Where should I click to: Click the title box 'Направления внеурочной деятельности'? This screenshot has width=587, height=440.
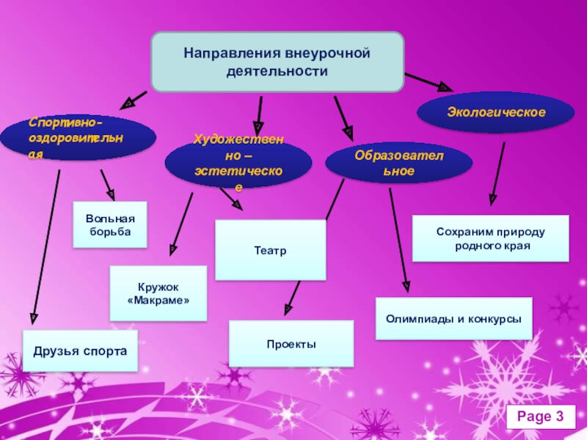point(277,62)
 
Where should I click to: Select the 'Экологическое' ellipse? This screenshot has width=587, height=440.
point(496,112)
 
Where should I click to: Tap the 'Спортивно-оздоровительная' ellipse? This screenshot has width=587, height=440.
point(78,137)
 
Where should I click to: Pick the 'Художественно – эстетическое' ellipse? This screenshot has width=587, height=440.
point(238,164)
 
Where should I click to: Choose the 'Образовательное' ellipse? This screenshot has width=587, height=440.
point(398,164)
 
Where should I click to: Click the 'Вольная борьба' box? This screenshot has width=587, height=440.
point(110,224)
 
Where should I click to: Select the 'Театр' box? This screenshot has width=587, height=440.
point(270,250)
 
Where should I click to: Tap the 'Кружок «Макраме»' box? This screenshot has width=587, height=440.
point(158,293)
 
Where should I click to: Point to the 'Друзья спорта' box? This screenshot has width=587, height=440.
point(80,351)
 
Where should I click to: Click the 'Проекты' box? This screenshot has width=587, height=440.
point(291,343)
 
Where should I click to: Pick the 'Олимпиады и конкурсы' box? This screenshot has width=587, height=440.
point(453,318)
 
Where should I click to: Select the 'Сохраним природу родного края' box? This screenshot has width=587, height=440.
point(490,238)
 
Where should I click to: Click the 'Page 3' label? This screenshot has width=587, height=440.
point(540,417)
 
